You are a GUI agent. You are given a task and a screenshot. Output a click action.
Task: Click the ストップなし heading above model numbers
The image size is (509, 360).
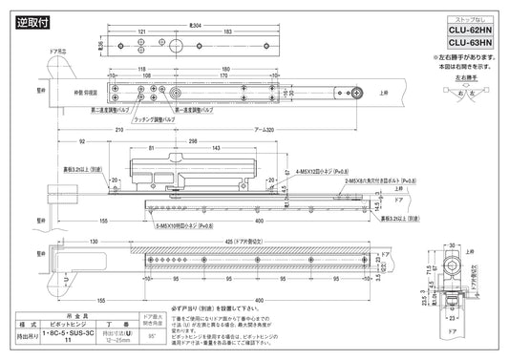[470, 16]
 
